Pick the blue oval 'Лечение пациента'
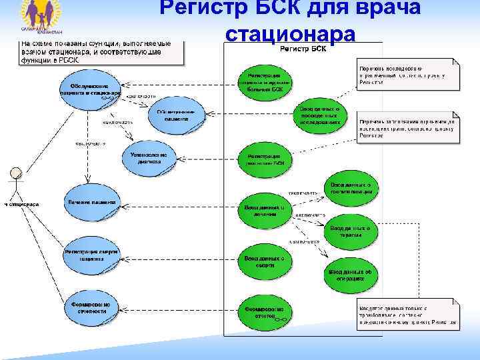91,202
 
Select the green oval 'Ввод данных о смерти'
265,262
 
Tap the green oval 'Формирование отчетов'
265,313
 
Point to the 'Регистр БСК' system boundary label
303,50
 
